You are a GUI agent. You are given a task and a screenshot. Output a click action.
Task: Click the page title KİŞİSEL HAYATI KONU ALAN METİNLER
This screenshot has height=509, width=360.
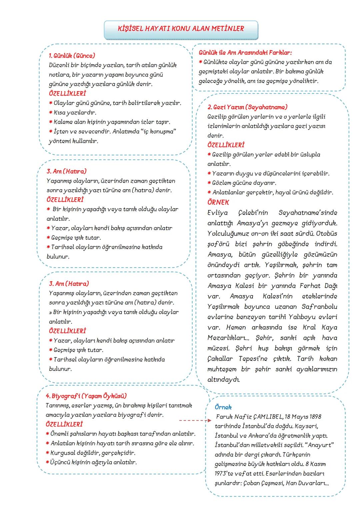tap(181, 29)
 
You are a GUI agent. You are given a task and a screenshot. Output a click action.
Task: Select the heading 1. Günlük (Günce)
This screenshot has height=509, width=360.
tap(72, 56)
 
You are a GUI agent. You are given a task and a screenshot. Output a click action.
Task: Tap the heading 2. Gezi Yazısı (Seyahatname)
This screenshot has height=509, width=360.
tap(247, 107)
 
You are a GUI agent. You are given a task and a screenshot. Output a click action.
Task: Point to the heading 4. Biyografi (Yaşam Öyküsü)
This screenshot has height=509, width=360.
tap(86, 396)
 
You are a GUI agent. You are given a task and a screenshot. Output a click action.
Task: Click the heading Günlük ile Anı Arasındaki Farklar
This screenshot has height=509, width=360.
tap(245, 53)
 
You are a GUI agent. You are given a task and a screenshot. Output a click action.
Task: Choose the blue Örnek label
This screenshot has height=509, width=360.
tap(223, 407)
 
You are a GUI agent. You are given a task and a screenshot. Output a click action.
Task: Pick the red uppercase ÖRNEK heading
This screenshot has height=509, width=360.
tap(218, 203)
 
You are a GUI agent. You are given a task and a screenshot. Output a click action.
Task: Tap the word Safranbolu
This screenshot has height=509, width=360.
tap(319, 306)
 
